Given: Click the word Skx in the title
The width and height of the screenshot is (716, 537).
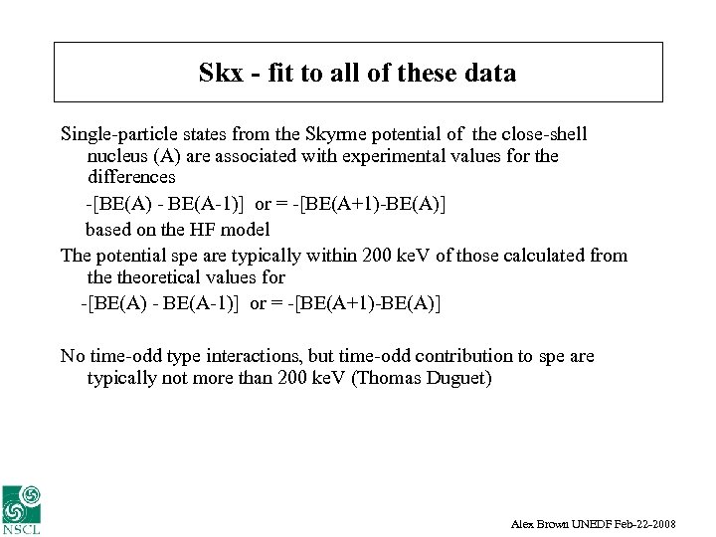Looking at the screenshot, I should click(220, 73).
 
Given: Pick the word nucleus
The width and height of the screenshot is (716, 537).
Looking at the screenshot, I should click(118, 156).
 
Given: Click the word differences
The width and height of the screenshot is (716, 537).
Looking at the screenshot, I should click(131, 177).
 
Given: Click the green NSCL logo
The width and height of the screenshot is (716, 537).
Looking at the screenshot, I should click(22, 508).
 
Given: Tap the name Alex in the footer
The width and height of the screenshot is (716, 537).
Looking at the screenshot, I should click(523, 523).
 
